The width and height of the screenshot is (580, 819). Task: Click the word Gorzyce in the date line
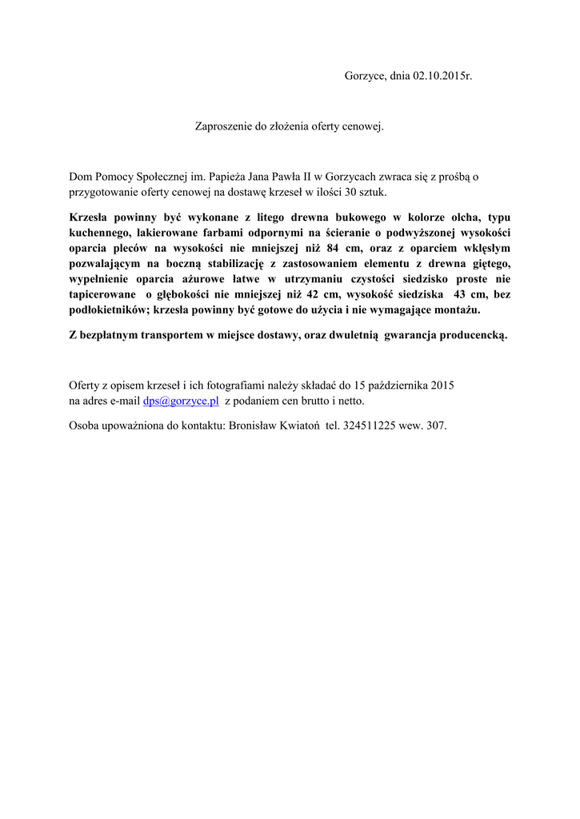click(x=365, y=76)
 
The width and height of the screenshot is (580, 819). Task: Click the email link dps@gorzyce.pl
click(x=181, y=401)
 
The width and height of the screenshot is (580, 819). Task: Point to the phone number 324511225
click(x=370, y=425)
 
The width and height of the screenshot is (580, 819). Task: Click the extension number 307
click(x=436, y=425)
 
